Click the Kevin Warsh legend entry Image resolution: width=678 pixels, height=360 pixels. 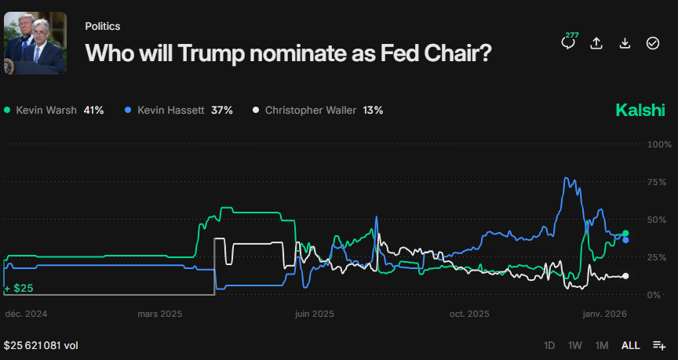coord(53,111)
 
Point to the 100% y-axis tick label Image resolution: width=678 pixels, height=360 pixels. coord(658,145)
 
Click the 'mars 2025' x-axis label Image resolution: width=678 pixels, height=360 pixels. coord(159,314)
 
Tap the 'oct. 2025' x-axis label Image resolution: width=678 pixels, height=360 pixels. coord(469,314)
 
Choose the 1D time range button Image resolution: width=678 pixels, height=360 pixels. coord(549,345)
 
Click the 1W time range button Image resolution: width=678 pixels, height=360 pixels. coord(575,345)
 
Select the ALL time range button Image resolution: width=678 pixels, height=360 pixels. coord(630,345)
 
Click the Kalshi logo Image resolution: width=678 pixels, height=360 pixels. coord(640,111)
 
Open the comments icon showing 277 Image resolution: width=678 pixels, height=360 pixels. coord(568,42)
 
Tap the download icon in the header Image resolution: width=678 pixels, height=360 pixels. coord(625,43)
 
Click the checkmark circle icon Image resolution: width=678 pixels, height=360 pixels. coord(653,43)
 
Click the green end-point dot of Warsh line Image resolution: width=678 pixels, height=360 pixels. coord(625,233)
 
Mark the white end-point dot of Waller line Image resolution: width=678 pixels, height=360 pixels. coord(625,276)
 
